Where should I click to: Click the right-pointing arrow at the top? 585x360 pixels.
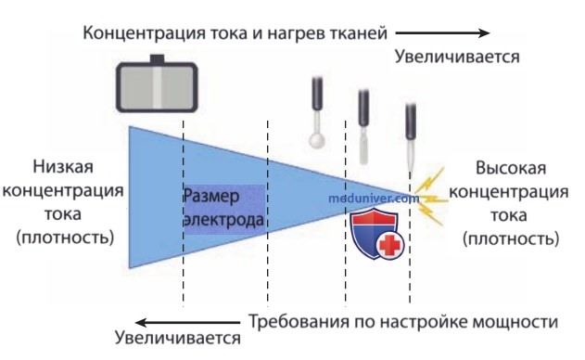[x=442, y=33]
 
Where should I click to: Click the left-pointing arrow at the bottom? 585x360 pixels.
[x=187, y=323]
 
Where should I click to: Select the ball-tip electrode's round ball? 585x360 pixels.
[x=317, y=142]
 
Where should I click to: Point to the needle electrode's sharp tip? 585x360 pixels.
[x=411, y=171]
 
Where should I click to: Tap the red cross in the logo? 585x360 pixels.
[x=390, y=245]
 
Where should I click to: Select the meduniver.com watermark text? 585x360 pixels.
[x=374, y=198]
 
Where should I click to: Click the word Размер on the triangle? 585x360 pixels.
[x=211, y=196]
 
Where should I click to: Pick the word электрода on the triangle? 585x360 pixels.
[x=224, y=219]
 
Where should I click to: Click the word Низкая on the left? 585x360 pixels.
[x=63, y=167]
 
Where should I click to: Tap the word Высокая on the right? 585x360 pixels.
[x=511, y=168]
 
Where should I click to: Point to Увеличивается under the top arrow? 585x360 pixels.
[x=457, y=58]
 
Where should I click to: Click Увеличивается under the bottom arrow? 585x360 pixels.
[x=178, y=338]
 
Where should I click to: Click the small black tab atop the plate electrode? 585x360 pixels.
[x=157, y=59]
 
